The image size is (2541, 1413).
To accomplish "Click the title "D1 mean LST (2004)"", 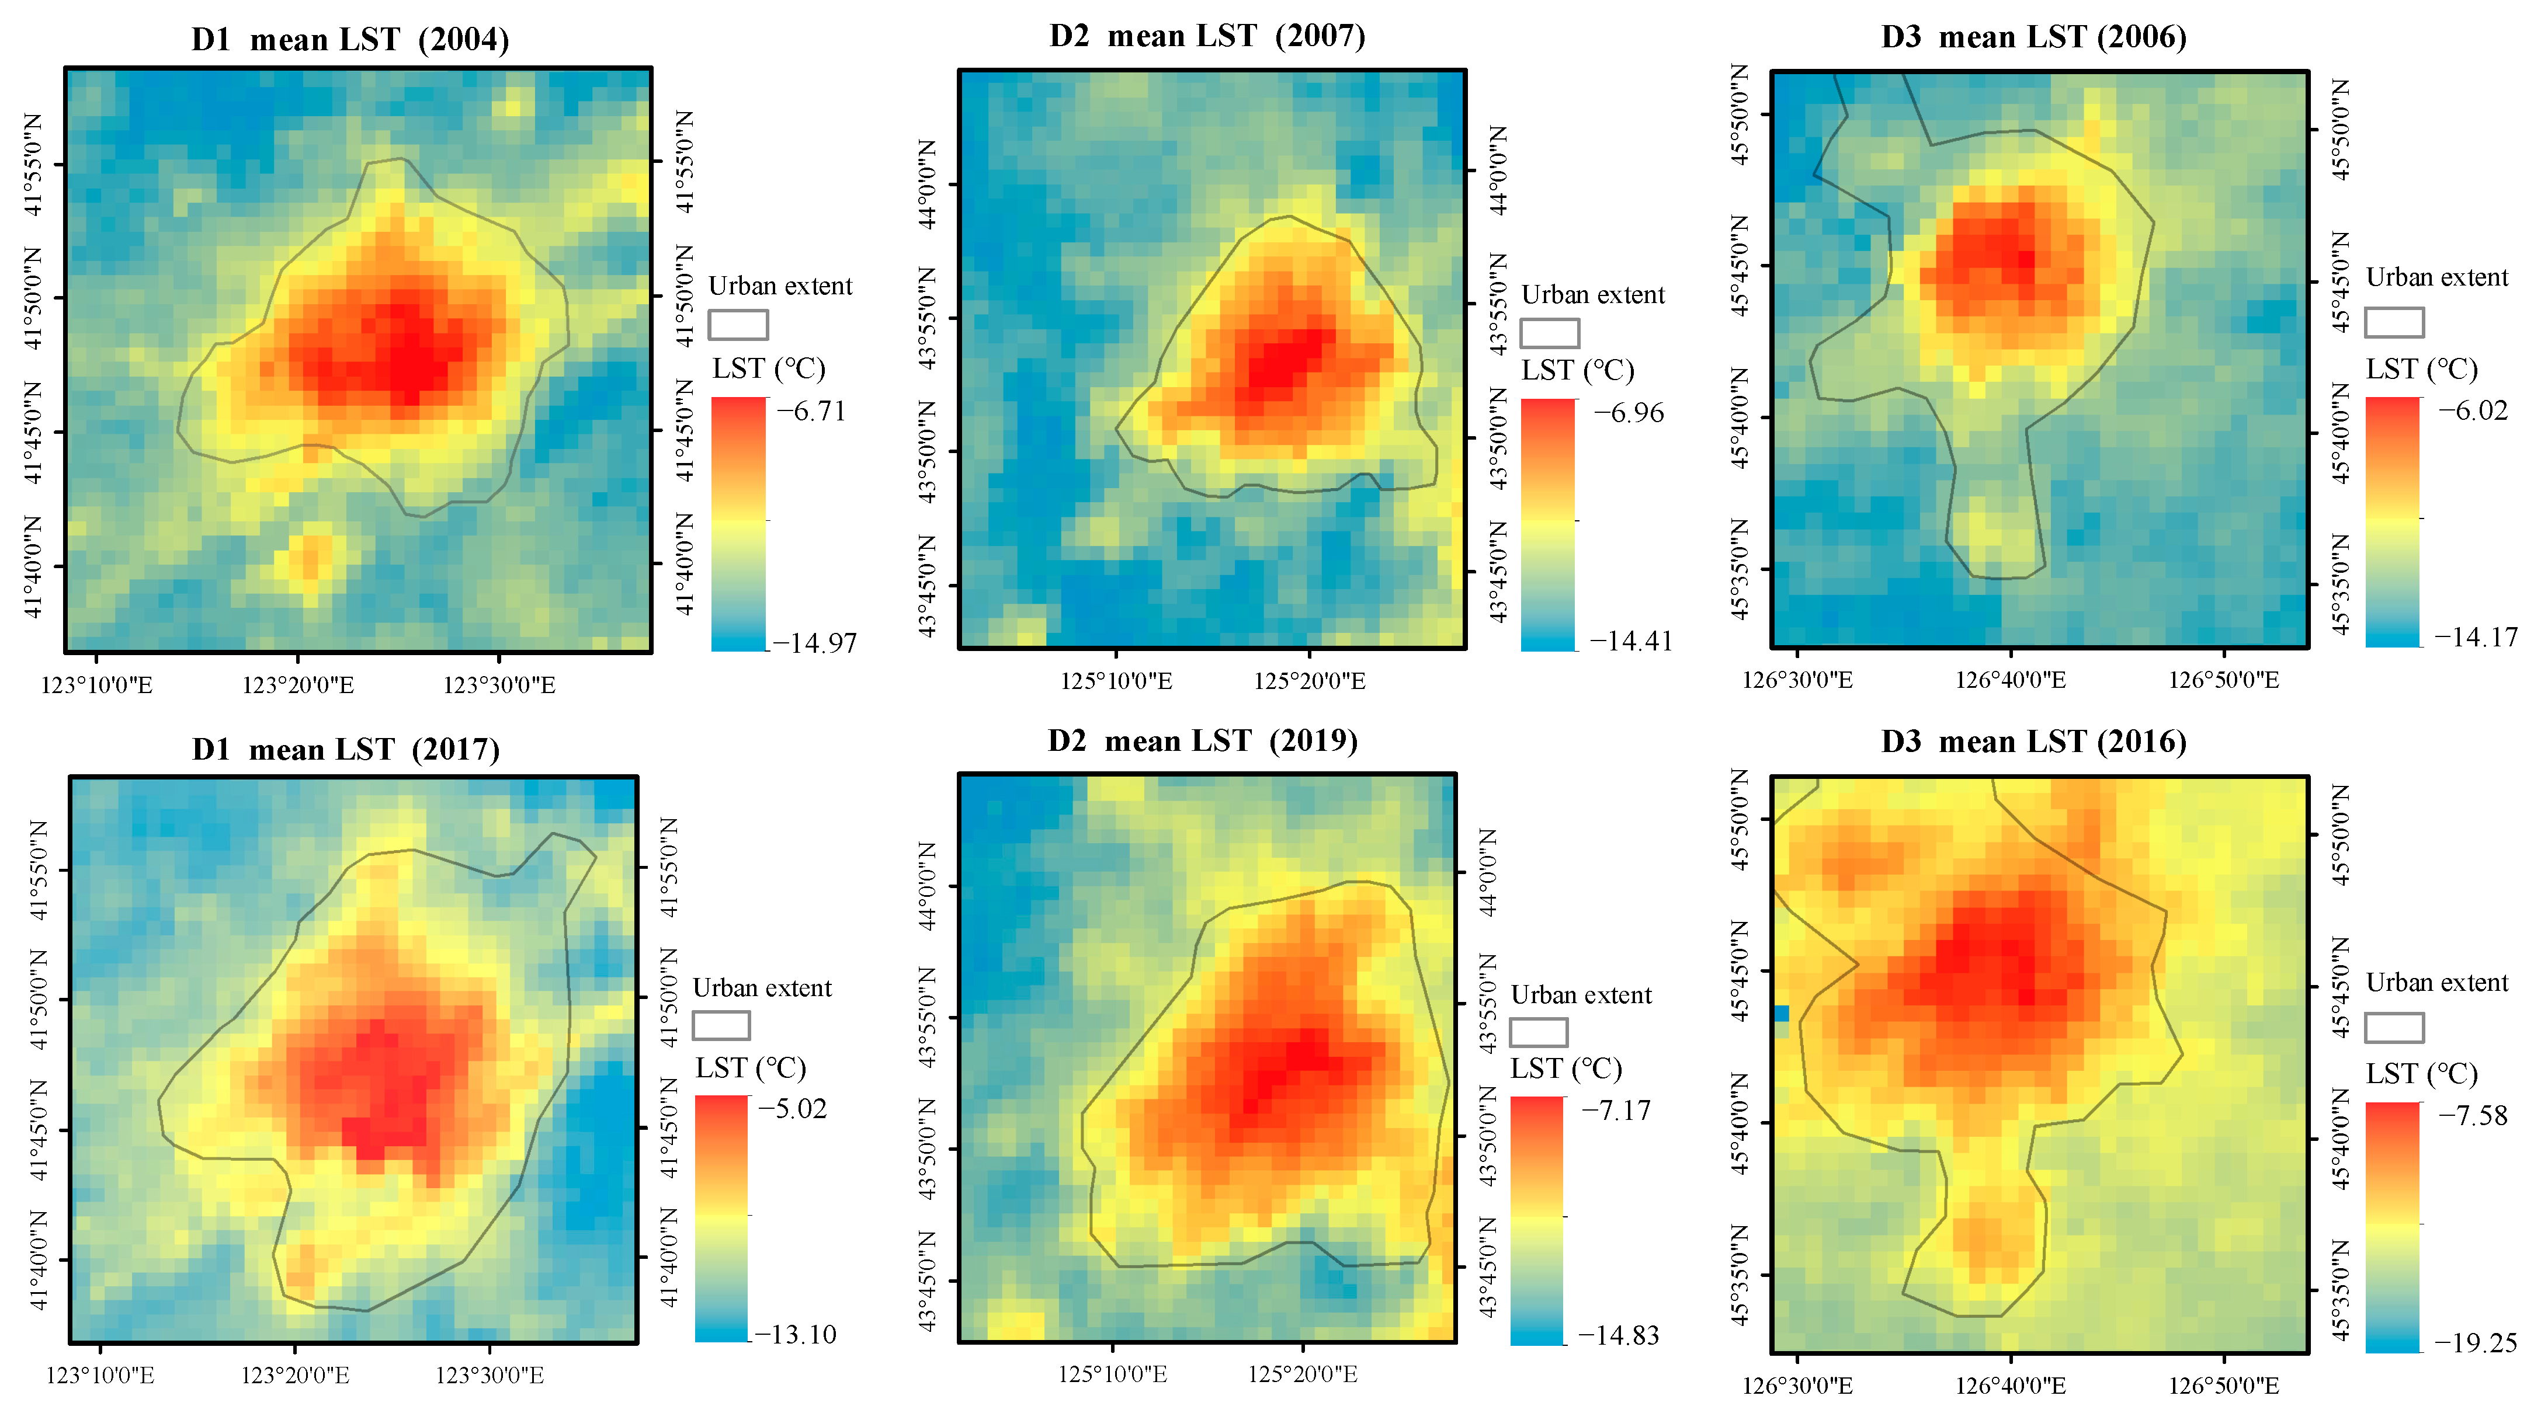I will tap(349, 40).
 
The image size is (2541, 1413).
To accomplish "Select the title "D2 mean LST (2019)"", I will tap(1202, 740).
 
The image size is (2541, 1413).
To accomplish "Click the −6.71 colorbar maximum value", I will tap(811, 411).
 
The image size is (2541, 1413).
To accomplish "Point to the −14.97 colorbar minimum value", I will tap(815, 643).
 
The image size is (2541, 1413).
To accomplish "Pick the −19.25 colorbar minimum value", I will tap(2475, 1342).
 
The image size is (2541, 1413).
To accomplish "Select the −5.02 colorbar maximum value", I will tap(792, 1108).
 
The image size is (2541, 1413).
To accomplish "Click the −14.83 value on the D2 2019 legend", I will tap(1619, 1335).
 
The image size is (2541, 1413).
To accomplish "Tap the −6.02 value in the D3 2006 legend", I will tap(2473, 410).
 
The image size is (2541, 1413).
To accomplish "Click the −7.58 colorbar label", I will tap(2473, 1115).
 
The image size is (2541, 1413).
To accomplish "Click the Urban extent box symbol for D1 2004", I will tap(738, 325).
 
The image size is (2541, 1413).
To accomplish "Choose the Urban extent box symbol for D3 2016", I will tap(2394, 1028).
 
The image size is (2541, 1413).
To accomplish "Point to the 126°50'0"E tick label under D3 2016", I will tap(2223, 1386).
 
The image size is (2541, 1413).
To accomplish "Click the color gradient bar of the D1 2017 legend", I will tap(721, 1219).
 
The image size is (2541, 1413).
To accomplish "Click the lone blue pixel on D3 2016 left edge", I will tap(1782, 1012).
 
